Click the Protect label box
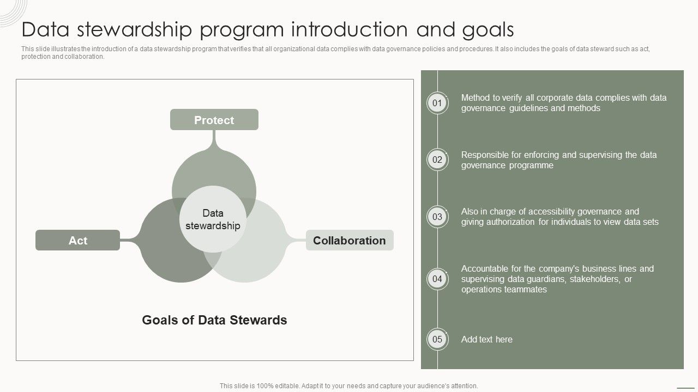coord(214,120)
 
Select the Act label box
coord(77,240)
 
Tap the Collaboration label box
coord(349,240)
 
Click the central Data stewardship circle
coord(213,219)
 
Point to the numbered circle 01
coord(437,103)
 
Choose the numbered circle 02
coord(437,160)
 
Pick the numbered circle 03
coord(437,217)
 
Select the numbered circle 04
coord(437,279)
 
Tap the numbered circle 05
coord(437,339)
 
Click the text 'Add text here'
coord(486,339)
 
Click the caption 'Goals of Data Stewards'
coord(214,320)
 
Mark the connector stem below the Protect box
coord(214,139)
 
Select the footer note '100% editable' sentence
coord(348,385)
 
